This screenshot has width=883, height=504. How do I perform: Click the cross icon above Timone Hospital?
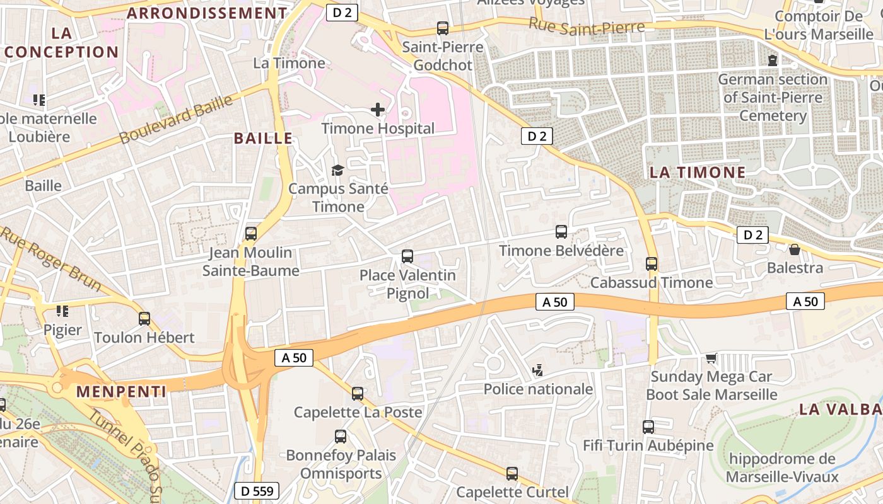tap(378, 110)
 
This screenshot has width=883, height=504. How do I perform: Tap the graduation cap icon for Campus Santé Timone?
tap(337, 170)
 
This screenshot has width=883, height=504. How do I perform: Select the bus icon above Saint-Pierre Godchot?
tap(443, 28)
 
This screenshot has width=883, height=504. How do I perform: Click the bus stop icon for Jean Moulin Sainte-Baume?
tap(251, 234)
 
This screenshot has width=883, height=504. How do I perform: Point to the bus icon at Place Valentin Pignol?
tap(407, 256)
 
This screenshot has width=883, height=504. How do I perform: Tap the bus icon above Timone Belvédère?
tap(561, 232)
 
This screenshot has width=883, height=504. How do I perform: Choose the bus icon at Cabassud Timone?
tap(652, 264)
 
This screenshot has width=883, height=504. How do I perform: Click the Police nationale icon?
tap(538, 370)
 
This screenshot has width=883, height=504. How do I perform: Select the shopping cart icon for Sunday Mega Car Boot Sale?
tap(711, 358)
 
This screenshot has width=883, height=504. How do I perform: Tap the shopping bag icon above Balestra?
tap(795, 250)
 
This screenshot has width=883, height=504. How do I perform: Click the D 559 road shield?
tap(257, 491)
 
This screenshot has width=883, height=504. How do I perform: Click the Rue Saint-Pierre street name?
tap(587, 26)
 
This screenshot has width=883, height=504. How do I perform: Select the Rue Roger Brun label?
tap(50, 258)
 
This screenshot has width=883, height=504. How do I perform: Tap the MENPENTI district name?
tap(121, 391)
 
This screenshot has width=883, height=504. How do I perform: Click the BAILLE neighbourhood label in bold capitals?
tap(264, 139)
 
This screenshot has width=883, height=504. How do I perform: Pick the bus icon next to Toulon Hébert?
tap(144, 319)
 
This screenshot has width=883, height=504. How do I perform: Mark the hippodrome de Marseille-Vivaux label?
tap(782, 467)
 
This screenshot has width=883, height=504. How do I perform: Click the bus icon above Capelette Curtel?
tap(512, 473)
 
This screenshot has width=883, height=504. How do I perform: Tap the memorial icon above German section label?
tap(773, 61)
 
